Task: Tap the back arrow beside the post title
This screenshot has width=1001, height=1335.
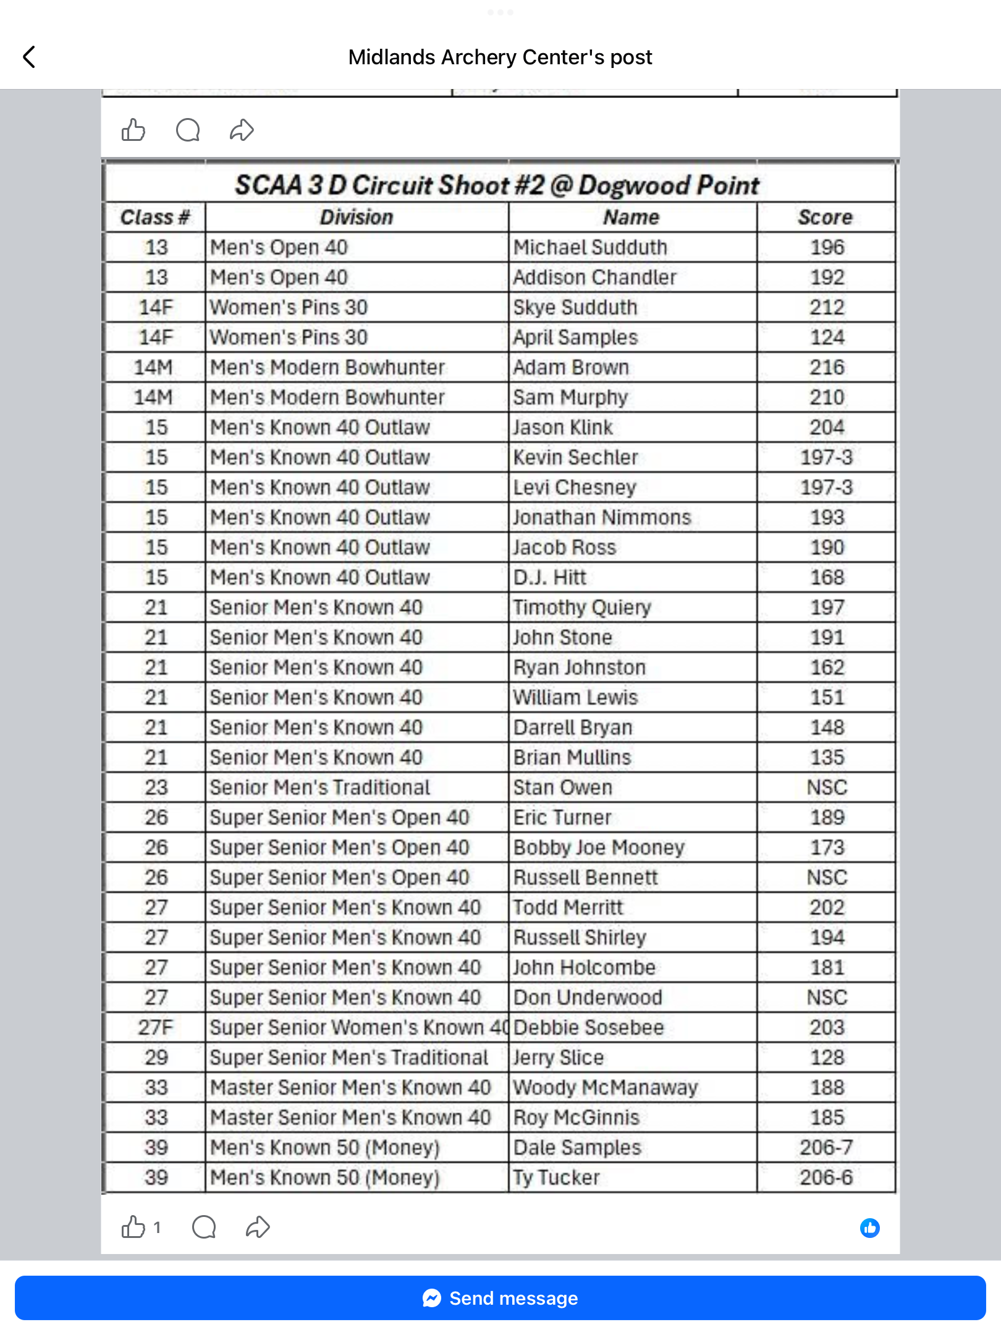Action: [29, 57]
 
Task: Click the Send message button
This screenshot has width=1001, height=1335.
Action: [500, 1298]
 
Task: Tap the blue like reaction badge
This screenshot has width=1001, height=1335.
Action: [869, 1228]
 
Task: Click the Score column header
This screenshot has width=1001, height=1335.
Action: [825, 218]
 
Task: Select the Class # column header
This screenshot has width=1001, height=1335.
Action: [154, 218]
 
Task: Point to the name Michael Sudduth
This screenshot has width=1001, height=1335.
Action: [590, 248]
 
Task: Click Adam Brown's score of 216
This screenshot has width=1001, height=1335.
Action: [827, 368]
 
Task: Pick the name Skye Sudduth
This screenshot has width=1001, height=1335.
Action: [575, 308]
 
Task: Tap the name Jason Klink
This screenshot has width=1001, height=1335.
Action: [562, 428]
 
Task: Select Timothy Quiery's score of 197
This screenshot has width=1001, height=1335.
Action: [827, 608]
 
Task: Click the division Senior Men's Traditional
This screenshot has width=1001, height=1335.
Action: [319, 787]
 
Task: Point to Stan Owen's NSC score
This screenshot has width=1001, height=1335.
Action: [827, 787]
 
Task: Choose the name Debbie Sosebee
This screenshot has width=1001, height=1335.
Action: [588, 1027]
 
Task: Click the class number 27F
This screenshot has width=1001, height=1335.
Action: [156, 1027]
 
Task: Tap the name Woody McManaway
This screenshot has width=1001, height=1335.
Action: [606, 1087]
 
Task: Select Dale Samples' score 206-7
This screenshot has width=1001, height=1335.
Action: [826, 1148]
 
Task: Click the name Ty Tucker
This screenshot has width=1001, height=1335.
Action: [556, 1177]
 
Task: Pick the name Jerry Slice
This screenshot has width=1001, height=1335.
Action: [558, 1057]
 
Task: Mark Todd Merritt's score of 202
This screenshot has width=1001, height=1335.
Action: [827, 907]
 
